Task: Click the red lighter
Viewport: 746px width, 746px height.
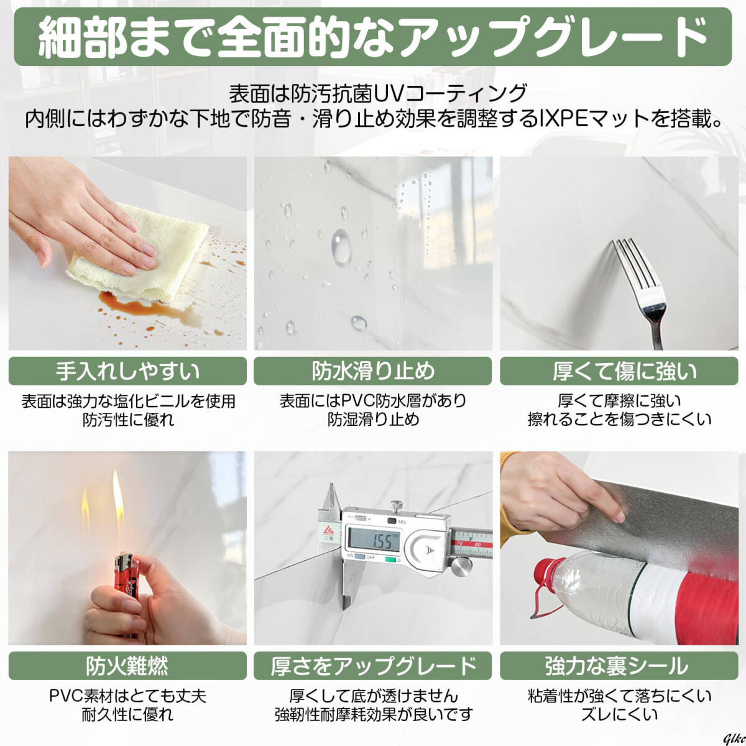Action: click(x=126, y=576)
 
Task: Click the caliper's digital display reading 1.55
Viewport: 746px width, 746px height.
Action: click(x=374, y=539)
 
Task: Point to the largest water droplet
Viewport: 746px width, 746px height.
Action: click(x=341, y=247)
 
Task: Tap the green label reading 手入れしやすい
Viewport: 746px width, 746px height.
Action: click(x=127, y=371)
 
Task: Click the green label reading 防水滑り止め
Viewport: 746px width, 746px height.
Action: click(x=373, y=371)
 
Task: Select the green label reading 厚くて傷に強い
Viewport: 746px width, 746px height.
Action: click(x=619, y=371)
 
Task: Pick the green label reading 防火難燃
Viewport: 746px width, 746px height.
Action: click(x=127, y=666)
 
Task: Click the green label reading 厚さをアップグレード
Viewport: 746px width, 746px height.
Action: click(x=373, y=666)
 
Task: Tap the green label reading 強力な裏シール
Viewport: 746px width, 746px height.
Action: click(x=619, y=666)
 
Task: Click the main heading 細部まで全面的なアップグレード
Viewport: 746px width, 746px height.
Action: click(x=373, y=37)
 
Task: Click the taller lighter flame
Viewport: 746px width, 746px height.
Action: click(x=118, y=497)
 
